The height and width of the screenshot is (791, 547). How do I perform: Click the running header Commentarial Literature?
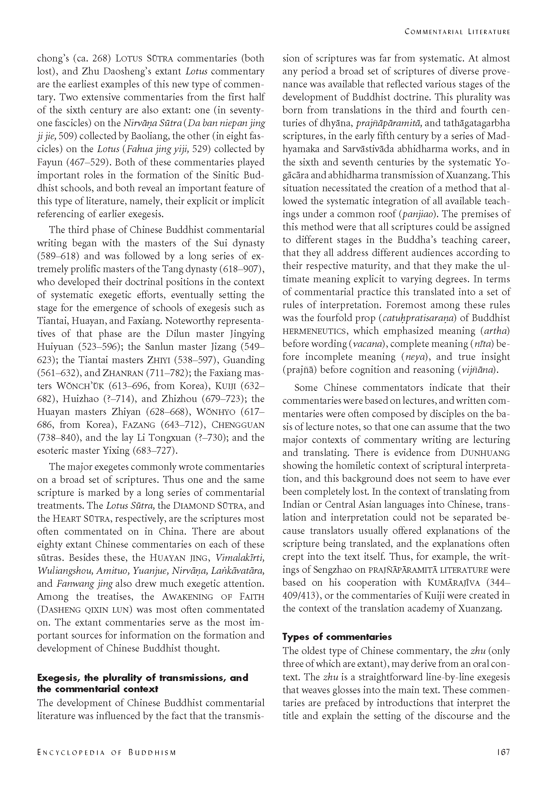pos(457,32)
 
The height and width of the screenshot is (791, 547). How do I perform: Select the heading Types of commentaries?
pos(337,637)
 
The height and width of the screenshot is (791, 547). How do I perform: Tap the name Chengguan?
pos(238,425)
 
